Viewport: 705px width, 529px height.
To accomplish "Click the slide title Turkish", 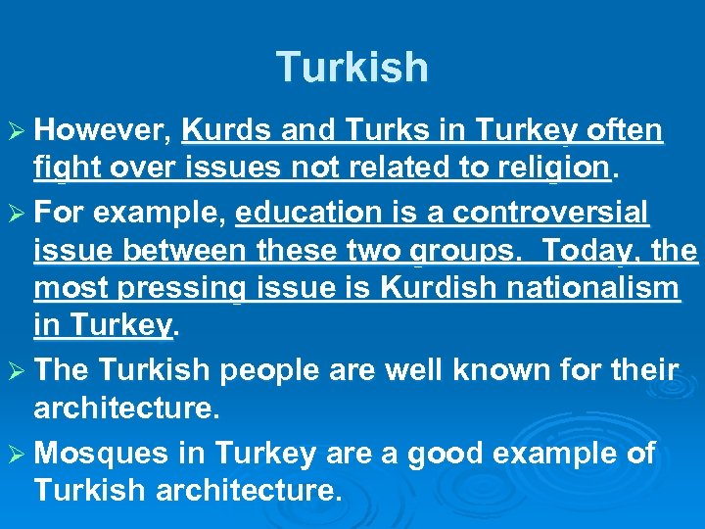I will (x=352, y=68).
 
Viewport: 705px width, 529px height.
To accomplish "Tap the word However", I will (x=106, y=130).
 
